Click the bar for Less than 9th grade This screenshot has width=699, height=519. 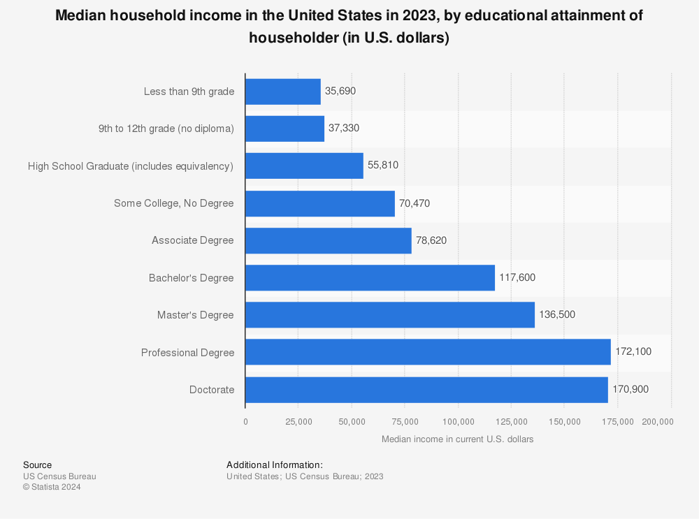[x=283, y=92]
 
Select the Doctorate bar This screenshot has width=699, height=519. [x=426, y=390]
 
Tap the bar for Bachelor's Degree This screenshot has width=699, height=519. [x=370, y=278]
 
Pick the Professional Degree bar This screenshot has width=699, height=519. [x=428, y=352]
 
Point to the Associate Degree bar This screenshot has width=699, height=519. [x=329, y=240]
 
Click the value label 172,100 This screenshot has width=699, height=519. [x=633, y=352]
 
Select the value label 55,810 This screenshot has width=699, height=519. [x=383, y=166]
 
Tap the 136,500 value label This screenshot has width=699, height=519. [x=557, y=315]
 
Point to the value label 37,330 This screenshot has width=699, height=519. [x=344, y=129]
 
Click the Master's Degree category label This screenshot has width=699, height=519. [x=195, y=315]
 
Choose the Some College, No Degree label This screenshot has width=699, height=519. [x=173, y=203]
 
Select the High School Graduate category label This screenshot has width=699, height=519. [x=131, y=166]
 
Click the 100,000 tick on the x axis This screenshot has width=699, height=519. [x=458, y=422]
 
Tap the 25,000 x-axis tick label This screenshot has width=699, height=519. [x=298, y=422]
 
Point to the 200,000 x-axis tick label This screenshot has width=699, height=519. [x=658, y=422]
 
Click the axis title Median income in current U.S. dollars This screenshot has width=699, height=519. [x=458, y=439]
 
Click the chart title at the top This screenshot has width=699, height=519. [x=349, y=27]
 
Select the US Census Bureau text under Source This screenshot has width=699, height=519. [x=59, y=476]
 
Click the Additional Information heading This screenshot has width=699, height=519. [x=275, y=465]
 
